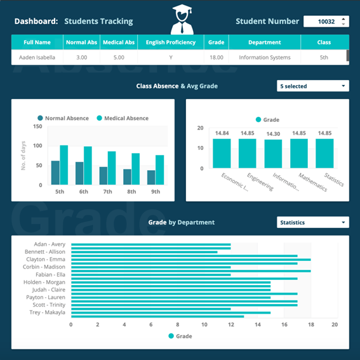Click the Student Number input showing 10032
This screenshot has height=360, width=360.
click(x=326, y=22)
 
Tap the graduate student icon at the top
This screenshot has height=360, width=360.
click(x=182, y=20)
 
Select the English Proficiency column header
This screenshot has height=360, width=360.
click(x=171, y=43)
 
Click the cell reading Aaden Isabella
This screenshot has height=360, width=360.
click(x=37, y=57)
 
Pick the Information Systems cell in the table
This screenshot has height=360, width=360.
click(x=265, y=57)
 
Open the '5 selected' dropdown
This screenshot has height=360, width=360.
click(x=313, y=86)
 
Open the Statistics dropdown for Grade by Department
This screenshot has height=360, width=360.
click(x=313, y=222)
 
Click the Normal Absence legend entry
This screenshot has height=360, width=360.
click(x=63, y=118)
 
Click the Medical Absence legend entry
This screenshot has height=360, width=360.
click(x=123, y=118)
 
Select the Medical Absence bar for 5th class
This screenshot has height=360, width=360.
click(x=64, y=165)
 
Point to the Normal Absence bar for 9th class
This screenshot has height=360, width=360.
click(x=151, y=178)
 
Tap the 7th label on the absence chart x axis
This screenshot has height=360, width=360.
click(x=107, y=192)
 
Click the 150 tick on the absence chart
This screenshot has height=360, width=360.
click(x=37, y=126)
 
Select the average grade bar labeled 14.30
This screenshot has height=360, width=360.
click(x=273, y=154)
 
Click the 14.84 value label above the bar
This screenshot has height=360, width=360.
click(x=222, y=133)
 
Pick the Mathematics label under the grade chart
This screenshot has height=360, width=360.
click(x=313, y=182)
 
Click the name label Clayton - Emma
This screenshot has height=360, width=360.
click(x=46, y=259)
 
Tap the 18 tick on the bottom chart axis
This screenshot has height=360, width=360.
click(x=311, y=324)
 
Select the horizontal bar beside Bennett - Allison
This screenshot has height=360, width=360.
click(x=144, y=252)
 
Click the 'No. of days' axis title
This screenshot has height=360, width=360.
click(x=23, y=156)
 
